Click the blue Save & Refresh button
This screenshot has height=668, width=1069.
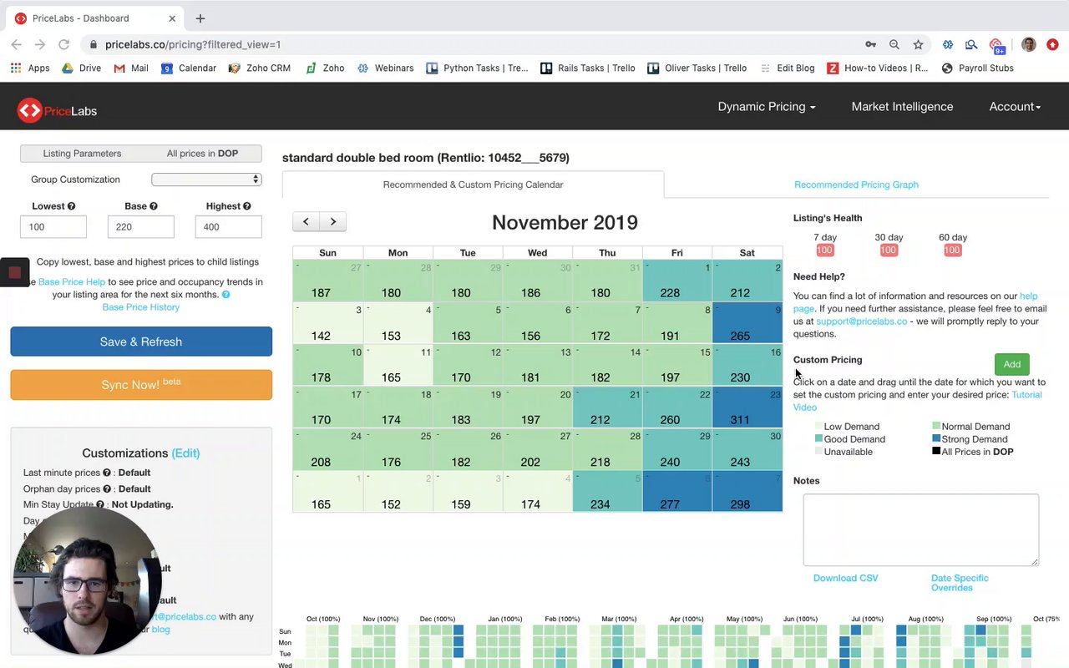pyautogui.click(x=141, y=342)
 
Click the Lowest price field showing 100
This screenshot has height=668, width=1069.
pyautogui.click(x=53, y=226)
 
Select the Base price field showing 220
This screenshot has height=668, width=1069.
pyautogui.click(x=140, y=226)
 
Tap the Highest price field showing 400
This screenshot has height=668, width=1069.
pyautogui.click(x=228, y=226)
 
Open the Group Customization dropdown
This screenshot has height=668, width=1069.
pyautogui.click(x=206, y=180)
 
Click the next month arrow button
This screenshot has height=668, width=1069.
pyautogui.click(x=332, y=221)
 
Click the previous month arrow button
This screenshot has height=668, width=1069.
pyautogui.click(x=306, y=221)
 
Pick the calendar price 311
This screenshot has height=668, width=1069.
pyautogui.click(x=740, y=420)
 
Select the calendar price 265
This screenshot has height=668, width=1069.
pyautogui.click(x=740, y=336)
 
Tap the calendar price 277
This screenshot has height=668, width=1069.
pyautogui.click(x=670, y=504)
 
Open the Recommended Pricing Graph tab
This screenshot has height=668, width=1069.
pyautogui.click(x=856, y=185)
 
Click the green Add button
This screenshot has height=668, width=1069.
pyautogui.click(x=1011, y=364)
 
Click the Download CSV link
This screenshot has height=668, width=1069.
pyautogui.click(x=845, y=578)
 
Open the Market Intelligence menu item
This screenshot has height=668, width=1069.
pyautogui.click(x=902, y=107)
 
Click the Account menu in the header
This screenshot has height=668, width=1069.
pyautogui.click(x=1015, y=107)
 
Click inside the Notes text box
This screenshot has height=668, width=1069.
pyautogui.click(x=920, y=529)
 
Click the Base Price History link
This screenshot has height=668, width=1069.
pyautogui.click(x=140, y=307)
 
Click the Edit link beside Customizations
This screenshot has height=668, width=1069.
pyautogui.click(x=185, y=453)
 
